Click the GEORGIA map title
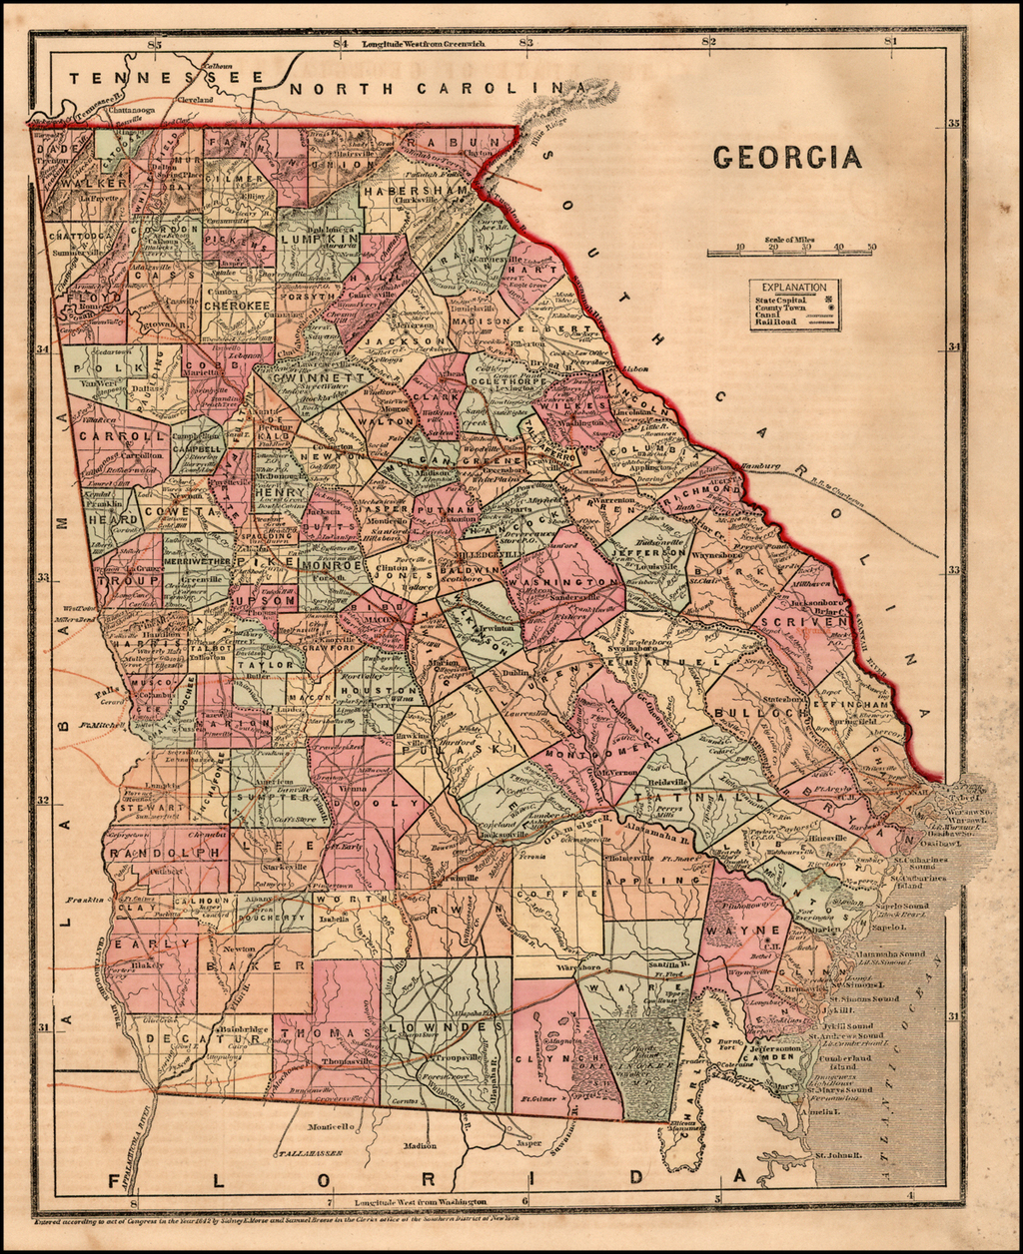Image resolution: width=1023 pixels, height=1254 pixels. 786,157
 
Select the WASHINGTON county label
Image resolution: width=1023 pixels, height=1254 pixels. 563,582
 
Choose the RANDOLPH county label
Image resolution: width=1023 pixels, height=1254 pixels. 164,853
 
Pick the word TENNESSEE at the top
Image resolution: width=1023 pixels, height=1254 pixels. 166,78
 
